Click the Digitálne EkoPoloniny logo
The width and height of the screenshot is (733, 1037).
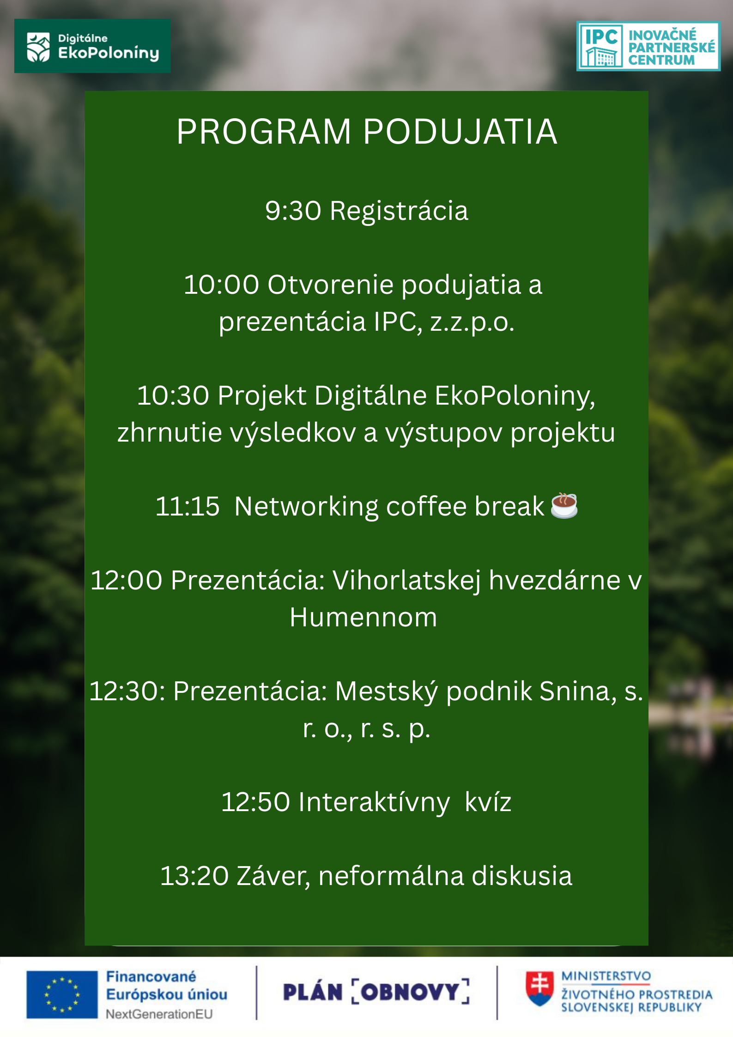(x=92, y=46)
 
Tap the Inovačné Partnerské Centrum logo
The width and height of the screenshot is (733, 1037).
(x=648, y=46)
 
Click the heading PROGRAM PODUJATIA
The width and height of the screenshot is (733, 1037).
(x=367, y=132)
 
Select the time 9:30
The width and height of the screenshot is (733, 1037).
(x=293, y=211)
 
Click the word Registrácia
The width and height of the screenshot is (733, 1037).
(x=399, y=211)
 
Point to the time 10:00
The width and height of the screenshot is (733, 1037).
(x=221, y=285)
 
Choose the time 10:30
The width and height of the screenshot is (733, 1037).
(x=173, y=396)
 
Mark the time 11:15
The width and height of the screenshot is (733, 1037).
(x=188, y=506)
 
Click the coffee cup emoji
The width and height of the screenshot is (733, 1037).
(x=564, y=505)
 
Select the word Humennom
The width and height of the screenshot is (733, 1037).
(x=363, y=618)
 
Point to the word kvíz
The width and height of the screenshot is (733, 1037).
(x=488, y=802)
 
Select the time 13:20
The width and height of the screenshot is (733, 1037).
(x=194, y=876)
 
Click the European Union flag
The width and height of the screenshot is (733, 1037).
(x=62, y=995)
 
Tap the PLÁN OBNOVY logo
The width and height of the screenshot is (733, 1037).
(x=376, y=992)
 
